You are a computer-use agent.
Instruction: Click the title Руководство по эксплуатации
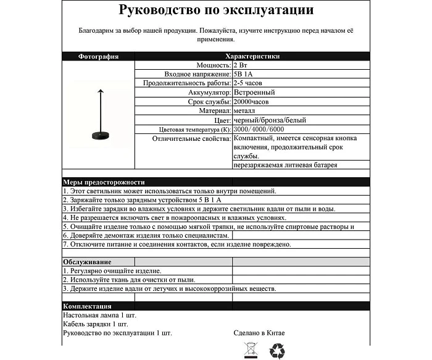point(215,10)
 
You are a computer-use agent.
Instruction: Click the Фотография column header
point(98,56)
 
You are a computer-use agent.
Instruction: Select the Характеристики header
point(253,56)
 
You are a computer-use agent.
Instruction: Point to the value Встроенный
point(255,92)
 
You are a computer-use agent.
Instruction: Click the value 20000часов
point(251,101)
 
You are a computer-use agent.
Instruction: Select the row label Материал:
point(214,111)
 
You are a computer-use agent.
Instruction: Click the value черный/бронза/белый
point(270,120)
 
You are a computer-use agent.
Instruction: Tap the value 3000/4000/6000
point(259,129)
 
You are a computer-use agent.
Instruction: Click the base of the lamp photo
point(98,135)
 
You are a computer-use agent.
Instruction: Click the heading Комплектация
point(87,306)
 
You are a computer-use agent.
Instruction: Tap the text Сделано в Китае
point(259,333)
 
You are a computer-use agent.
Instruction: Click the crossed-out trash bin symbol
point(251,350)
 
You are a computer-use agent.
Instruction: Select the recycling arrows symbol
point(277,351)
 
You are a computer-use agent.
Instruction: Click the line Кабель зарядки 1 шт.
point(96,324)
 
